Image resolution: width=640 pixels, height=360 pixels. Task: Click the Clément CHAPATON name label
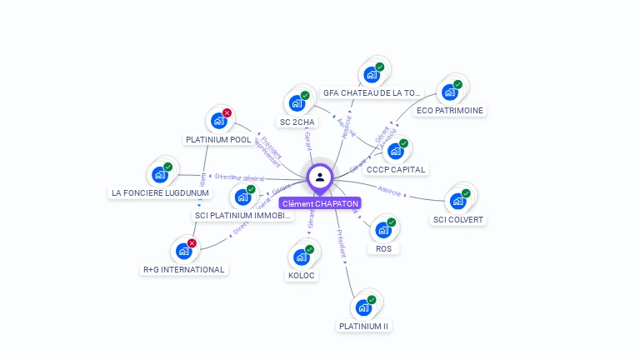point(320,203)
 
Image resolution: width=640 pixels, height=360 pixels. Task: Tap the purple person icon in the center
point(320,177)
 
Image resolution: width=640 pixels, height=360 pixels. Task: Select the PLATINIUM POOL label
point(218,140)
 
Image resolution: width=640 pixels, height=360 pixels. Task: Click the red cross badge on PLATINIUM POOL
point(227,113)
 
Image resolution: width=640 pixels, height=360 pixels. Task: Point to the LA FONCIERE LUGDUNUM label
point(160,193)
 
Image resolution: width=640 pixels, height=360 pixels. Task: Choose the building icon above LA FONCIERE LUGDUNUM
point(159,175)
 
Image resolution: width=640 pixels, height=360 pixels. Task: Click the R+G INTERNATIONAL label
point(183,269)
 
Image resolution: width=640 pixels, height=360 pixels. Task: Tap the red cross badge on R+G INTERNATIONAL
point(192,243)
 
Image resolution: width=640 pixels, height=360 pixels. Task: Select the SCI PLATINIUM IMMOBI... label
point(243,215)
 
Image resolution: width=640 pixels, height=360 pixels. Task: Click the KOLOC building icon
point(301,257)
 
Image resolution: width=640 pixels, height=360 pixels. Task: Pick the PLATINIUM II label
point(363,326)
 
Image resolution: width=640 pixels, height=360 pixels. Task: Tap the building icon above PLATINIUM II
point(363,307)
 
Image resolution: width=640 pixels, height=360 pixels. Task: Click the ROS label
point(383,248)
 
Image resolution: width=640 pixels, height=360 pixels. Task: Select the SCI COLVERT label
point(457,220)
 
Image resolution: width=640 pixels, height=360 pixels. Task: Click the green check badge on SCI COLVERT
point(466,193)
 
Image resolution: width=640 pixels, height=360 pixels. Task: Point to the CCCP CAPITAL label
point(396,169)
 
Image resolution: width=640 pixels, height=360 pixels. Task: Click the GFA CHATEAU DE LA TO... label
point(372,92)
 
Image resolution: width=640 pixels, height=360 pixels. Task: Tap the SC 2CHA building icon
point(297,103)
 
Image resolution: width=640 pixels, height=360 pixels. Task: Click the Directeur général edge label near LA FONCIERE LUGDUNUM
point(239,177)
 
